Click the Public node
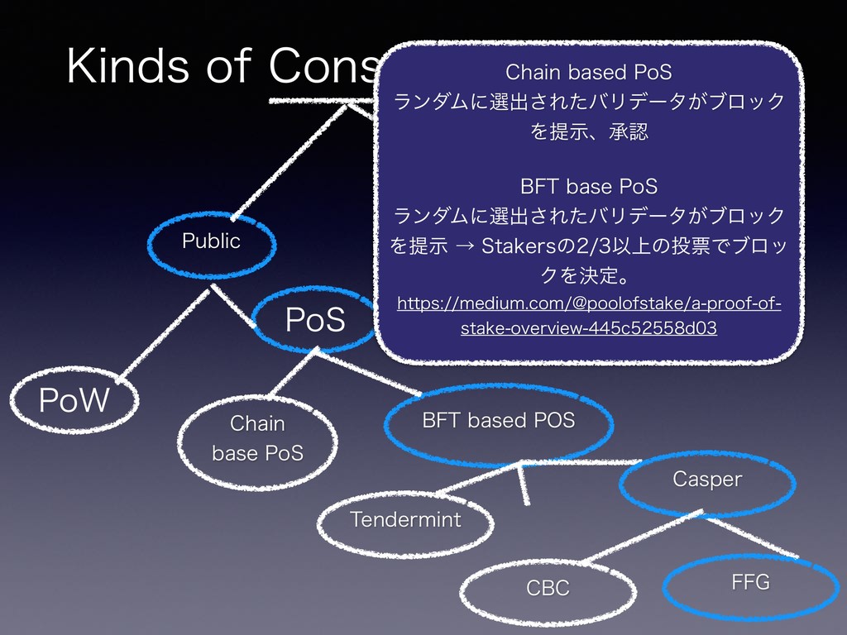coord(211,241)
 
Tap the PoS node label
coord(315,320)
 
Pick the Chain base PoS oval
coord(258,438)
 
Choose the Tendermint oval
coord(405,520)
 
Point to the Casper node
coord(707,480)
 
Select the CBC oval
coord(548,588)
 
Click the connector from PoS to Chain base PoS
coord(291,372)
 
